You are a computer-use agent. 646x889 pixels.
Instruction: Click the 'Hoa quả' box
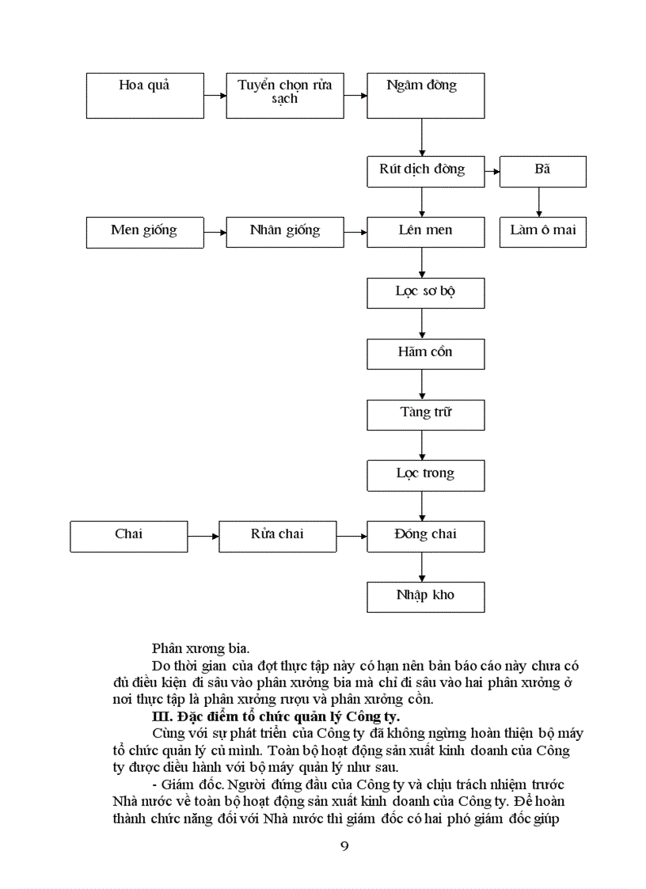coord(145,95)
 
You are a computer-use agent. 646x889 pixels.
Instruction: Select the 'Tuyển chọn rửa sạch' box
coord(285,95)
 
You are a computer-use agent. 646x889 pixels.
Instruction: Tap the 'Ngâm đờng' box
coord(425,95)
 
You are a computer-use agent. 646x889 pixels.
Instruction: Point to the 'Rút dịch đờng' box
coord(425,171)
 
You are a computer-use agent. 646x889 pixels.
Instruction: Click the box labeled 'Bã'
coord(542,171)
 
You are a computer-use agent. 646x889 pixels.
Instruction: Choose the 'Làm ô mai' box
coord(542,232)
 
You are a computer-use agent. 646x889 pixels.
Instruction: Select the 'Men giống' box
coord(145,232)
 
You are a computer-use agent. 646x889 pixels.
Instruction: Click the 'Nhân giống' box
coord(285,232)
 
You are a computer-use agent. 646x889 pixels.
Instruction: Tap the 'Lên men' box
coord(425,232)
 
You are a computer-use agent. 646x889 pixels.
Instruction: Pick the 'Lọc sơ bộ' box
coord(425,292)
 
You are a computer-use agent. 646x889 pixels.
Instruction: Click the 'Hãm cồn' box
coord(425,353)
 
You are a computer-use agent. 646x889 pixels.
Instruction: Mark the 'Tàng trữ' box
coord(425,414)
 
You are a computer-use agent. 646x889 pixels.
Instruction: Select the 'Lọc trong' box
coord(425,475)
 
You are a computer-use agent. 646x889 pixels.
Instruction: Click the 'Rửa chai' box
coord(277,536)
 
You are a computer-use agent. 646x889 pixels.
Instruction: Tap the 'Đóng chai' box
coord(425,536)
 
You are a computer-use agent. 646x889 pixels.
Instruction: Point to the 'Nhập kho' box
coord(425,596)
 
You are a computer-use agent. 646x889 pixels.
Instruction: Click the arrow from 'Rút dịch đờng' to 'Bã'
coord(492,171)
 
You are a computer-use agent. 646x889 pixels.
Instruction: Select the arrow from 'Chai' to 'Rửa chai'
coord(203,536)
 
